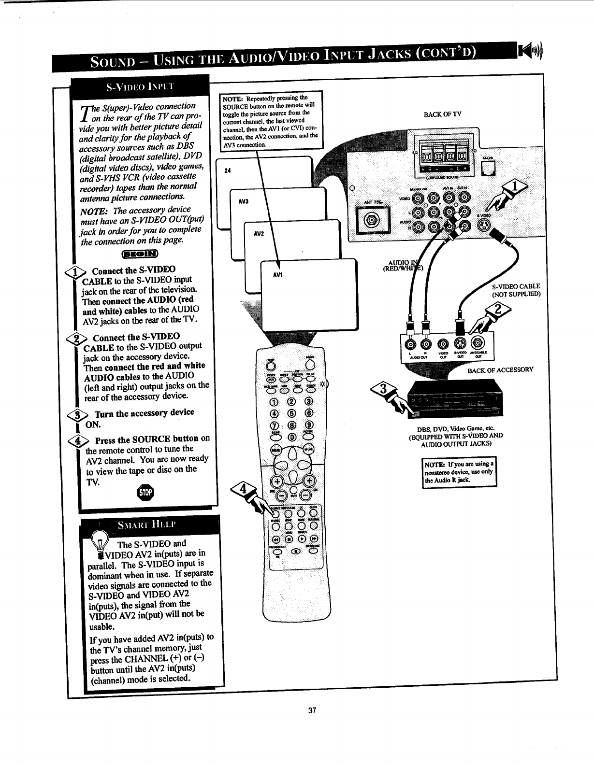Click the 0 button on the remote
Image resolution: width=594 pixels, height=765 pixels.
pyautogui.click(x=292, y=438)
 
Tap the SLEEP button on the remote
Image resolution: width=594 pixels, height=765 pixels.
pyautogui.click(x=271, y=365)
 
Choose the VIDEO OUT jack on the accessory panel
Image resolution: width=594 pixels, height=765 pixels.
pyautogui.click(x=442, y=344)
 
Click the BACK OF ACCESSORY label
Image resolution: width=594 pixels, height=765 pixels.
pyautogui.click(x=500, y=370)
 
